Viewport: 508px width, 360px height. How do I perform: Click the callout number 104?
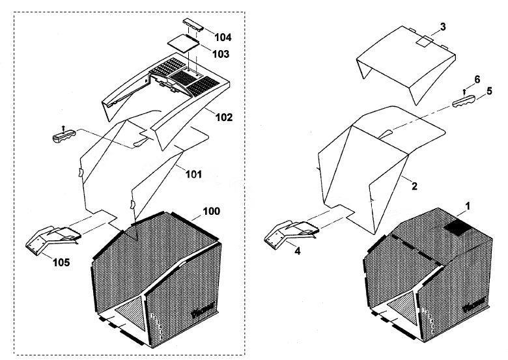pyautogui.click(x=223, y=37)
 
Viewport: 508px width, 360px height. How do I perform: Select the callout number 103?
pyautogui.click(x=221, y=54)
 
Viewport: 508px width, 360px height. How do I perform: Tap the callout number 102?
pyautogui.click(x=224, y=117)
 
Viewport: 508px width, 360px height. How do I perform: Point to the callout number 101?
pyautogui.click(x=193, y=174)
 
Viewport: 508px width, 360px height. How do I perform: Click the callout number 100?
pyautogui.click(x=212, y=211)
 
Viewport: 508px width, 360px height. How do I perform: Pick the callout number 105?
pyautogui.click(x=61, y=262)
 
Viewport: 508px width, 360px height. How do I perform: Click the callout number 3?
pyautogui.click(x=443, y=27)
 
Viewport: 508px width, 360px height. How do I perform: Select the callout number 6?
pyautogui.click(x=477, y=79)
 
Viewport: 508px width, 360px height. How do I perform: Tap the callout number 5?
pyautogui.click(x=489, y=91)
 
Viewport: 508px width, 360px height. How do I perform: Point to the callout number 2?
pyautogui.click(x=414, y=186)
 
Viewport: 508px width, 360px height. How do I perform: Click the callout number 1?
pyautogui.click(x=468, y=206)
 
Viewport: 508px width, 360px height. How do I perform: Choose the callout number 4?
pyautogui.click(x=298, y=250)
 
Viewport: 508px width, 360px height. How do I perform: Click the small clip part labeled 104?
pyautogui.click(x=193, y=25)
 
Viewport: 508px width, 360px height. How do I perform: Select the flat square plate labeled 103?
pyautogui.click(x=183, y=42)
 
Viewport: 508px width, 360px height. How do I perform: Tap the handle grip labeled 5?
pyautogui.click(x=464, y=102)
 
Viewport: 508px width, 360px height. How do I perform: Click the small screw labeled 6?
pyautogui.click(x=464, y=92)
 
